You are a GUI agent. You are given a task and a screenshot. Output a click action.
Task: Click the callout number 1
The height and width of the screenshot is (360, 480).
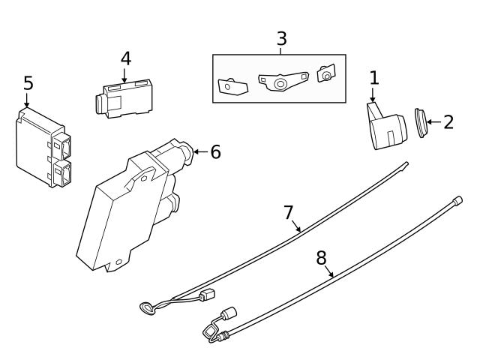pos(374,76)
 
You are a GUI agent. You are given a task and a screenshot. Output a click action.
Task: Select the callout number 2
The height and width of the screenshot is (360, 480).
pos(448,122)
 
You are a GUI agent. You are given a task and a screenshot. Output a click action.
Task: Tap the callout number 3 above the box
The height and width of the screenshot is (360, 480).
pos(281,38)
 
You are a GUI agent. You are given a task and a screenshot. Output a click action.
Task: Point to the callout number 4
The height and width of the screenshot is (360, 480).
pos(125,58)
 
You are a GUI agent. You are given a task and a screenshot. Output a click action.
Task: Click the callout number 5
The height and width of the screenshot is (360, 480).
pos(28,83)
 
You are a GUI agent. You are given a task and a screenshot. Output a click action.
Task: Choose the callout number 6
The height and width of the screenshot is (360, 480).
pos(215,151)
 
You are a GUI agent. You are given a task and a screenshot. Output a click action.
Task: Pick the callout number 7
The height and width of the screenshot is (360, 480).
pos(289,212)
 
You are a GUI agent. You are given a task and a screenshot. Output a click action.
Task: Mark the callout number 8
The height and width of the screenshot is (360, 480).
pos(321,258)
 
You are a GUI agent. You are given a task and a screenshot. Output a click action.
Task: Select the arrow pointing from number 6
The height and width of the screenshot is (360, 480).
pos(199,152)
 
